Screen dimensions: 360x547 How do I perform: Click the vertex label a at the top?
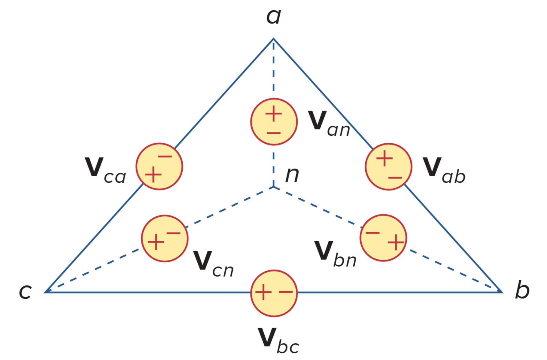[274, 17]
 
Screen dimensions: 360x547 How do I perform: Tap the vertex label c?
[25, 291]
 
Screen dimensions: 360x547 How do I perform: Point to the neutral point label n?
[292, 175]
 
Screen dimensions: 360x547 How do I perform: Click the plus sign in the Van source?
[274, 114]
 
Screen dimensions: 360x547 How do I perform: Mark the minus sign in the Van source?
[274, 133]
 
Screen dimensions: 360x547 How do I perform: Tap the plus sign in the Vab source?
[384, 158]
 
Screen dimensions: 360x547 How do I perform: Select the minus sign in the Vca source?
[165, 156]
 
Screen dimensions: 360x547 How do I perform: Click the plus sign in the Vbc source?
[263, 292]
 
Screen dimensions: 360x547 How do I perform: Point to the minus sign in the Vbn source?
[373, 232]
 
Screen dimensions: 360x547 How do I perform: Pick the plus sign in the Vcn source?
[156, 242]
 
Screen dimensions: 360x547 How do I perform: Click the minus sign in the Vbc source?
[286, 292]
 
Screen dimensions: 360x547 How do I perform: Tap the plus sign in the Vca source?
[153, 175]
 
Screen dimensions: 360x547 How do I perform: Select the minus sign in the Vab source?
[395, 178]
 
